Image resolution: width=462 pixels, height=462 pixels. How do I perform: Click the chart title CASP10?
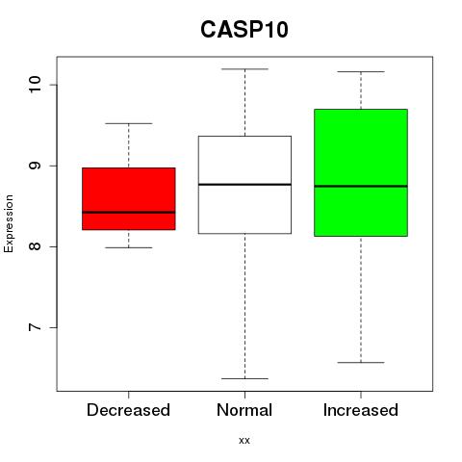(244, 30)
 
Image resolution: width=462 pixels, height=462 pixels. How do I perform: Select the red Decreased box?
(129, 199)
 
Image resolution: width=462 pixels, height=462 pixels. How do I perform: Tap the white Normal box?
(244, 185)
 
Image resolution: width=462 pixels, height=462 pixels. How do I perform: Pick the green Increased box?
(361, 172)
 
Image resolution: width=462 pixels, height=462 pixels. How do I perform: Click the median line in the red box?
(129, 212)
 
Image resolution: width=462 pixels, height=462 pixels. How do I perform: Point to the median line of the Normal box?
(244, 185)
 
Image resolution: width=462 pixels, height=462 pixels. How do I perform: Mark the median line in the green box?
(361, 186)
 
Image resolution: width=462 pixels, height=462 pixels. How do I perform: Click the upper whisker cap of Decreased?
(129, 123)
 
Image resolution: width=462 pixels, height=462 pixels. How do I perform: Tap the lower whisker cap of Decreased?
(129, 247)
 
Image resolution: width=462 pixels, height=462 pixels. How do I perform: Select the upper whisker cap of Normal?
(244, 69)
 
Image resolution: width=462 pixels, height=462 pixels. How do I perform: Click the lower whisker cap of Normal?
(244, 378)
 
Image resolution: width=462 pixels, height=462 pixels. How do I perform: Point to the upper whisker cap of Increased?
(361, 71)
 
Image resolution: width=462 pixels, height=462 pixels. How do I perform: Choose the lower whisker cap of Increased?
(361, 363)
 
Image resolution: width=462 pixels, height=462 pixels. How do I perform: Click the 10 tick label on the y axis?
(36, 85)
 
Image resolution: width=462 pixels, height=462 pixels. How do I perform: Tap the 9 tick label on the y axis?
(36, 166)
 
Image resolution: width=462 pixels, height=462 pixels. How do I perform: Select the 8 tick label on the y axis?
(36, 246)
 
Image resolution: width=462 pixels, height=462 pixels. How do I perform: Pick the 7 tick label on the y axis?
(36, 327)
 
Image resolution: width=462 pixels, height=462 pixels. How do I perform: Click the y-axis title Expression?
(9, 223)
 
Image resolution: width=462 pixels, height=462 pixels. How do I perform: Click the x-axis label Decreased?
(128, 410)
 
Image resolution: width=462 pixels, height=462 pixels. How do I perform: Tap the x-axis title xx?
(244, 441)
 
